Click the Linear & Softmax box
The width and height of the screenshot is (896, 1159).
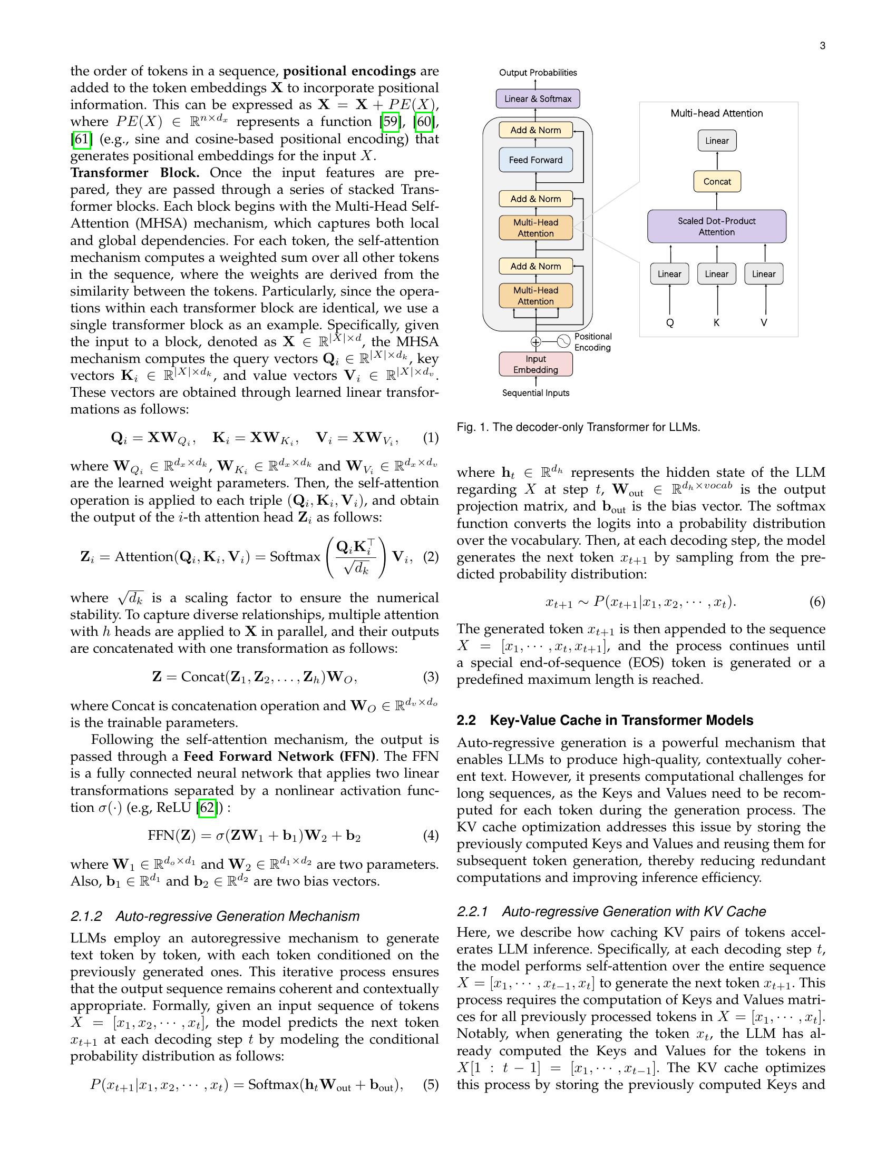[x=537, y=99]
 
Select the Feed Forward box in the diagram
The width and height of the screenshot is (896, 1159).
[x=535, y=160]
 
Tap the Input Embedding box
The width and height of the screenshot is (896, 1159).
[x=535, y=364]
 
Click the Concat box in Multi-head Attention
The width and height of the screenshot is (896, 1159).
[x=717, y=182]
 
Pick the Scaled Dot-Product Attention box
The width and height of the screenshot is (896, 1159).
[x=716, y=227]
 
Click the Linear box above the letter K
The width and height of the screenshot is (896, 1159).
[x=716, y=274]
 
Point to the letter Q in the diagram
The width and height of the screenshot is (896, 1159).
[x=669, y=322]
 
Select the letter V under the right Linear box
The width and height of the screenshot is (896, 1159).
[x=763, y=322]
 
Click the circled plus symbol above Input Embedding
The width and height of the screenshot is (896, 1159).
[x=535, y=342]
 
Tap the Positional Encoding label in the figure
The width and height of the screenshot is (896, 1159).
[x=592, y=342]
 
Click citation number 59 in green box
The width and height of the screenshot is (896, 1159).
[x=390, y=122]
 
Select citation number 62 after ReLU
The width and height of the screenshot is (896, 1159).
[x=207, y=808]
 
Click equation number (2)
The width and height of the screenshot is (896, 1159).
[x=431, y=557]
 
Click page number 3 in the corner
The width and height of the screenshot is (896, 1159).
[x=822, y=46]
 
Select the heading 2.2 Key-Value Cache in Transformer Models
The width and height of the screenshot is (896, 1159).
[x=605, y=720]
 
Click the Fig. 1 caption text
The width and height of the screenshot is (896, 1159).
[x=578, y=427]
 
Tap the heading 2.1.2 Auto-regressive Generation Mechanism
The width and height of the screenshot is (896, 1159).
[x=215, y=917]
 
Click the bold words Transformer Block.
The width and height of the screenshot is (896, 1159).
[x=135, y=173]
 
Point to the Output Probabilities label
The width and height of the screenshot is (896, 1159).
[x=537, y=73]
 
